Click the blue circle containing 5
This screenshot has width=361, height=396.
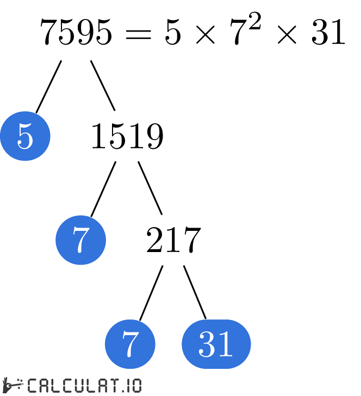(x=25, y=136)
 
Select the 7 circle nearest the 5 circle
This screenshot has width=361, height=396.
(x=80, y=240)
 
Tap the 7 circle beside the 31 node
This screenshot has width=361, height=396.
(x=130, y=344)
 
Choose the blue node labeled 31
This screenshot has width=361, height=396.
(x=216, y=344)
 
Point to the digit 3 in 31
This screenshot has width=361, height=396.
(x=207, y=344)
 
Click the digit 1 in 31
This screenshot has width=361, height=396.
(x=226, y=344)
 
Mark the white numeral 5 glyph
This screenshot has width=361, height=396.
(x=25, y=136)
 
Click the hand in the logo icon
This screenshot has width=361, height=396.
(x=7, y=386)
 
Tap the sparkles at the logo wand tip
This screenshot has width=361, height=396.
(x=20, y=381)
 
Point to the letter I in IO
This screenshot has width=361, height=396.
(x=127, y=386)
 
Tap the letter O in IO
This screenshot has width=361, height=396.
(x=136, y=386)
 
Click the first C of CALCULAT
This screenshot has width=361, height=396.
(x=32, y=386)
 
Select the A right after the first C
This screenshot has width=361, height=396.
(x=43, y=386)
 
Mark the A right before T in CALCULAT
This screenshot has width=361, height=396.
(x=101, y=386)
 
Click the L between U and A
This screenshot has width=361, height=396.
(x=89, y=386)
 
